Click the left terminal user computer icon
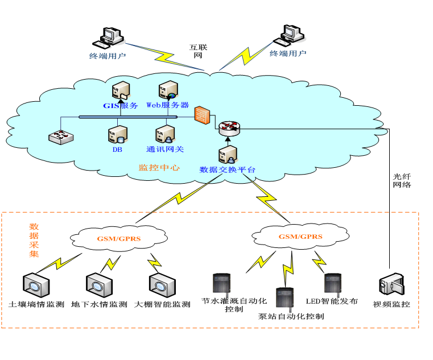click(110, 38)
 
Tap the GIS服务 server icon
click(120, 91)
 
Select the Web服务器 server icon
click(168, 90)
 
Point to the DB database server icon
click(117, 134)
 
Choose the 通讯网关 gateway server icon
click(164, 134)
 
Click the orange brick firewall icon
click(202, 115)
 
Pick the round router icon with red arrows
click(229, 128)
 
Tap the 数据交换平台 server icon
click(228, 155)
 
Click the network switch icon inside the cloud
click(61, 136)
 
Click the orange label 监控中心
click(159, 168)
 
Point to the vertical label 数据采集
click(34, 241)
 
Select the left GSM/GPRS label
click(119, 239)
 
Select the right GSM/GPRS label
click(300, 237)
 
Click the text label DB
click(117, 150)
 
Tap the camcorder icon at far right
click(391, 284)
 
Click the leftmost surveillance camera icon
click(36, 284)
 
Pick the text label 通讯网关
click(165, 150)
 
